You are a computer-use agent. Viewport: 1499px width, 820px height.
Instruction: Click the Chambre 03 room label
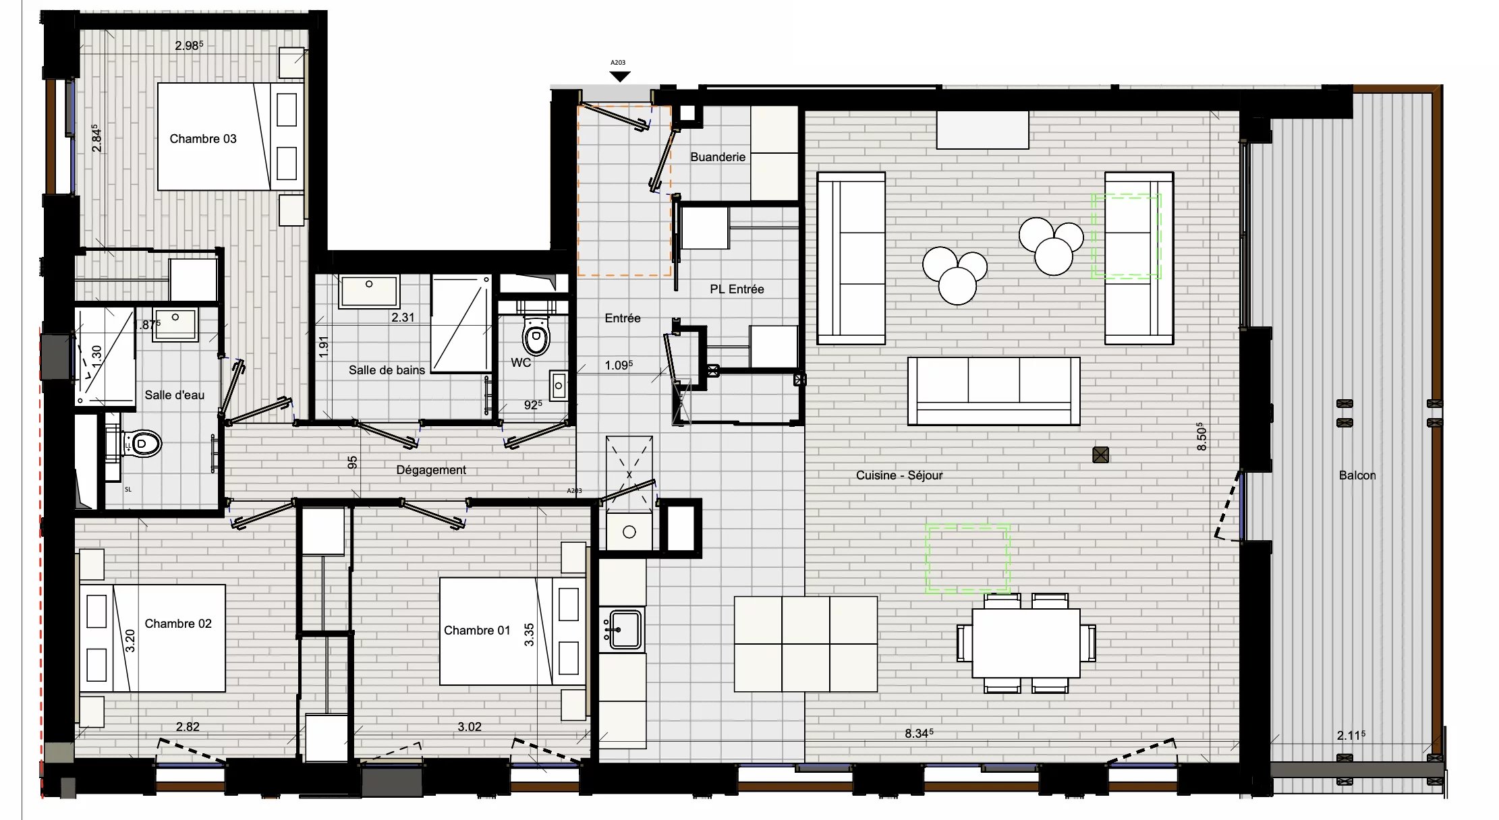coord(202,139)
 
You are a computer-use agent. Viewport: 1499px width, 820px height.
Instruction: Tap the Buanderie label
coord(717,157)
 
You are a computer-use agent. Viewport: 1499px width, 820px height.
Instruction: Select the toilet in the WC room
coord(536,335)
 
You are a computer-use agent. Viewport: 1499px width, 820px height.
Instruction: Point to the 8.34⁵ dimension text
coord(918,733)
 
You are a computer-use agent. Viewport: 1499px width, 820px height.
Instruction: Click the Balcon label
coord(1357,475)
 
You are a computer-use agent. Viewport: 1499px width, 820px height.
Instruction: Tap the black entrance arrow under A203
coord(619,77)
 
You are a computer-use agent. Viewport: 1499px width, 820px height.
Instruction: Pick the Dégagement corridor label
coord(430,470)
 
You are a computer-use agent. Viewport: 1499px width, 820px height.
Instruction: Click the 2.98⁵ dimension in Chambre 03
coord(188,46)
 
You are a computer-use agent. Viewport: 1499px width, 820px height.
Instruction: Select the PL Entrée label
coord(736,289)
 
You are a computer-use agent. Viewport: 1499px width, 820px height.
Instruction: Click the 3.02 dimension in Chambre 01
coord(469,727)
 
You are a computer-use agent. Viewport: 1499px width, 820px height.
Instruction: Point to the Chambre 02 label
coord(177,624)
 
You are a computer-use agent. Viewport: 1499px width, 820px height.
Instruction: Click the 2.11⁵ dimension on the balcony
coord(1350,735)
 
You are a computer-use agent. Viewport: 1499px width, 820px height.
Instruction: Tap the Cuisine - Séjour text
coord(899,475)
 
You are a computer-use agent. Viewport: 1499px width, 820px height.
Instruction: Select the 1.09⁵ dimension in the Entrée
coord(618,365)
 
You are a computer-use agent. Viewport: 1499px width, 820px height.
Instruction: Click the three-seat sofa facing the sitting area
coord(993,390)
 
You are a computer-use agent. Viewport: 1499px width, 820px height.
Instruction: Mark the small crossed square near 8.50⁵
coord(1100,455)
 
